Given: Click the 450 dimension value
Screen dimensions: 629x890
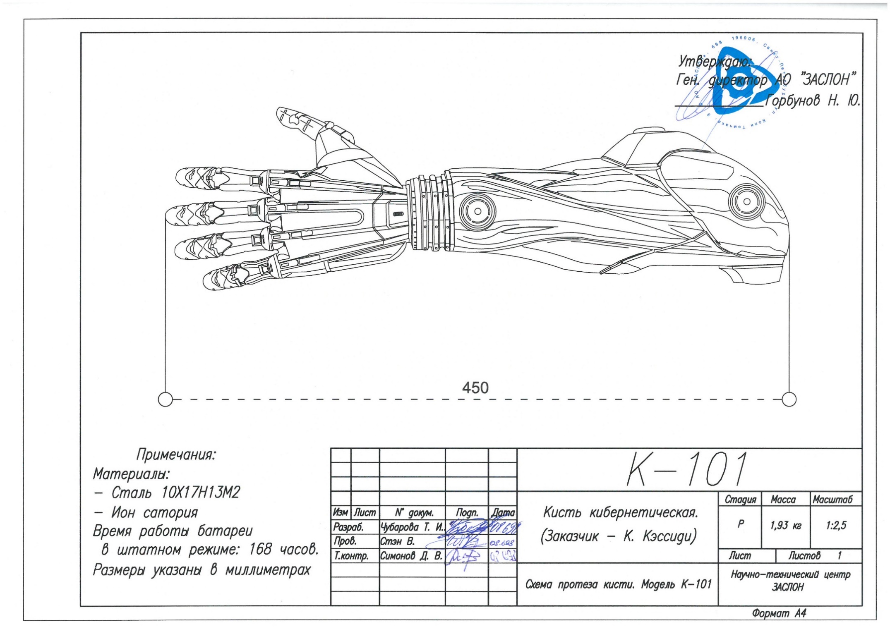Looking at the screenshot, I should pyautogui.click(x=475, y=387).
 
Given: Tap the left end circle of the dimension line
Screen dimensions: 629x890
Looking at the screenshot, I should pyautogui.click(x=165, y=399).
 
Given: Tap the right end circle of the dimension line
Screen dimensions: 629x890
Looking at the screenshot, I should pyautogui.click(x=789, y=399).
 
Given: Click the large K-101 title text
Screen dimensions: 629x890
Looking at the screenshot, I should pyautogui.click(x=687, y=469).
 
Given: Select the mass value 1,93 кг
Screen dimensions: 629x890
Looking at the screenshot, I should pyautogui.click(x=785, y=526).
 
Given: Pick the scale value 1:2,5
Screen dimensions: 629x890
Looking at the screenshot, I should pyautogui.click(x=836, y=526).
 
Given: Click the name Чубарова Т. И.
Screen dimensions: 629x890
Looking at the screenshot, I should pyautogui.click(x=412, y=527).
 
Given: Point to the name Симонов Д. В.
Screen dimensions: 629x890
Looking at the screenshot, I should pyautogui.click(x=411, y=556).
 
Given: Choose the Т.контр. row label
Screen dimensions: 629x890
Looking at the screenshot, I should pyautogui.click(x=351, y=556).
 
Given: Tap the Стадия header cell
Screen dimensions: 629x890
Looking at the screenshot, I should pyautogui.click(x=740, y=500).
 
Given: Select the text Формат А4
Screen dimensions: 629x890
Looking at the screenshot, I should pyautogui.click(x=779, y=613).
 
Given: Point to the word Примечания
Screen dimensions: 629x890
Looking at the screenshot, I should pyautogui.click(x=176, y=454).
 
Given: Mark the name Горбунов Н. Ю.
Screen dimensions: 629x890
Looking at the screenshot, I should pyautogui.click(x=812, y=100).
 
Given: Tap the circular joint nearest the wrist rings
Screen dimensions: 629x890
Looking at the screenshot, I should pyautogui.click(x=477, y=211).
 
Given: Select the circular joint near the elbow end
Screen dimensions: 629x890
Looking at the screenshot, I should pyautogui.click(x=746, y=201).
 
